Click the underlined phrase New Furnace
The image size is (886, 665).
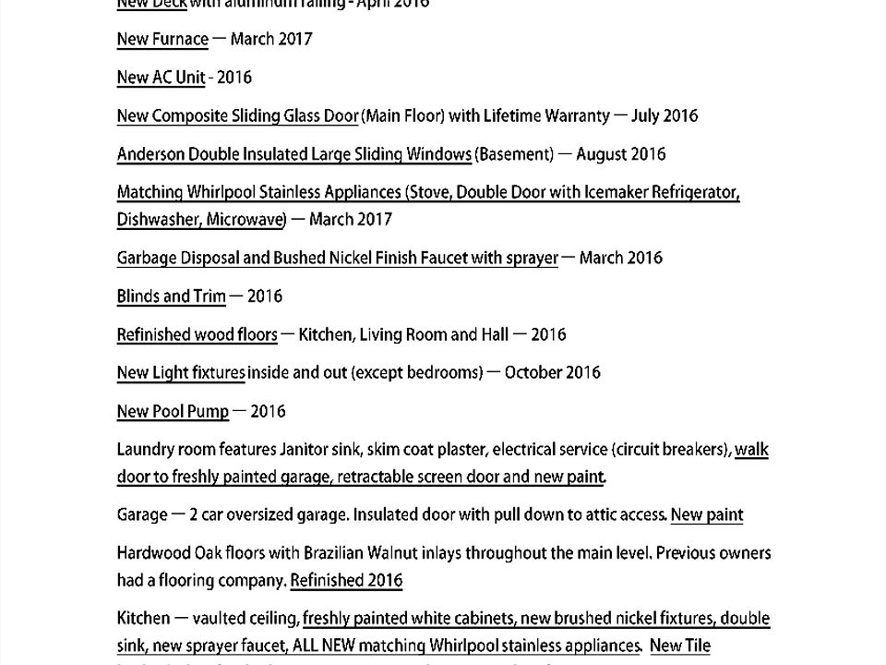point(162,39)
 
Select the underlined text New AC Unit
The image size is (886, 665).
point(161,78)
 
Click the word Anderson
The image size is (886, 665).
point(150,154)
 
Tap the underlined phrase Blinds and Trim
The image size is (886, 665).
point(171,296)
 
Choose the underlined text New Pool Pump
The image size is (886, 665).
point(173,412)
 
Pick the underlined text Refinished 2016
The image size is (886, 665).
point(346,581)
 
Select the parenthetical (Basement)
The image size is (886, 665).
point(514,154)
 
